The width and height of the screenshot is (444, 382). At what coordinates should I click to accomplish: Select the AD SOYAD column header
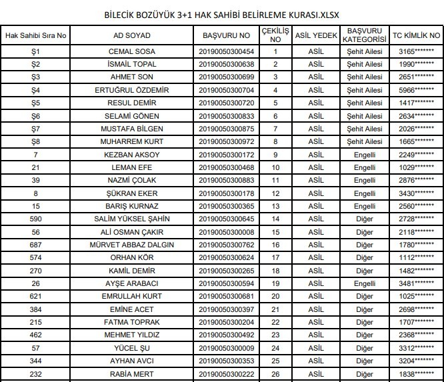pos(132,35)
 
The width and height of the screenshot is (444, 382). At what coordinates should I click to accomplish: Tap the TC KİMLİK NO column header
pos(417,35)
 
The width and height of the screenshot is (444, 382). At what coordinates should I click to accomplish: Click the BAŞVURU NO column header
pos(227,35)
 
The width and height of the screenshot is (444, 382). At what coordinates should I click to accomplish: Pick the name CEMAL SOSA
pos(132,51)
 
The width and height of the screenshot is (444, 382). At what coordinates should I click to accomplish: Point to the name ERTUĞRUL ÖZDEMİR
pos(132,90)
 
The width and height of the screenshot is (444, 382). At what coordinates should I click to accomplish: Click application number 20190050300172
pos(227,155)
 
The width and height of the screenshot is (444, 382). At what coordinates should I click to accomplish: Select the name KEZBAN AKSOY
pos(132,155)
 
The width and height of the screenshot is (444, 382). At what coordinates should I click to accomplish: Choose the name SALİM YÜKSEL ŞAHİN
pos(132,219)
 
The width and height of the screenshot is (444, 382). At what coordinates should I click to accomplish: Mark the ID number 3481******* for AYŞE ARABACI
pos(417,283)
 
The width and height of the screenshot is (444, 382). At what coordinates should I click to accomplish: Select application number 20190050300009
pos(227,347)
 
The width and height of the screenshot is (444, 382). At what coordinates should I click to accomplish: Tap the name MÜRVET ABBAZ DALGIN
pos(132,245)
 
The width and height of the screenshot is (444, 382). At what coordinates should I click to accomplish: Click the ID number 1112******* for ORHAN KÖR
pos(417,257)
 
